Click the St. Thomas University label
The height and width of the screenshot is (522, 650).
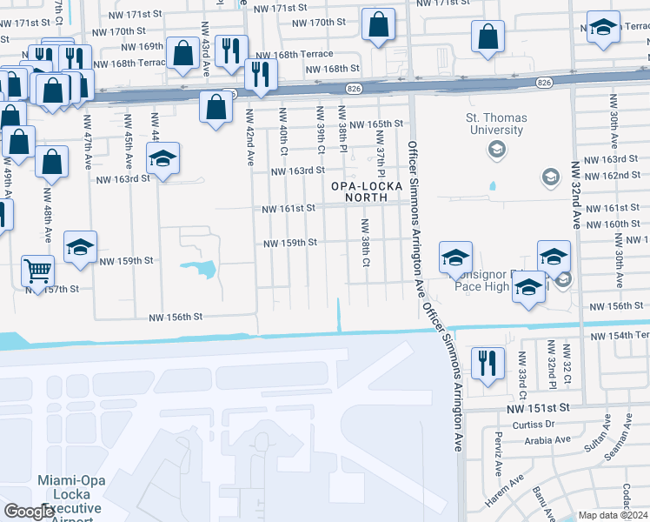pyautogui.click(x=494, y=124)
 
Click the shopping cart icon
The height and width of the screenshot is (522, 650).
pyautogui.click(x=37, y=271)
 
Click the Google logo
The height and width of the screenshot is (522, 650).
pyautogui.click(x=30, y=512)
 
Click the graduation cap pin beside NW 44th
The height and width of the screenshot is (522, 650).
pyautogui.click(x=162, y=158)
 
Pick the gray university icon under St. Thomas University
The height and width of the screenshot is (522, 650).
pyautogui.click(x=496, y=150)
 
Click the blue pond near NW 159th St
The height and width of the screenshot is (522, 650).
pyautogui.click(x=202, y=269)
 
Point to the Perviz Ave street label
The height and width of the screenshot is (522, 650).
pyautogui.click(x=497, y=451)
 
